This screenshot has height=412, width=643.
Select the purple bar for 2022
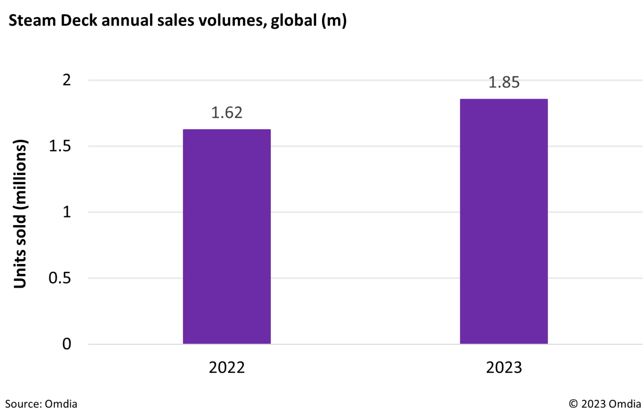[x=226, y=237]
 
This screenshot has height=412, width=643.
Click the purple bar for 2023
[x=504, y=221]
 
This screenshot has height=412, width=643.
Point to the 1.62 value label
[x=226, y=113]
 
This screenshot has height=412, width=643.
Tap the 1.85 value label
[x=504, y=82]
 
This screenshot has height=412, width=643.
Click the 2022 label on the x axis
[x=226, y=368]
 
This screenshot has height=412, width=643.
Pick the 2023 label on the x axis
[x=504, y=368]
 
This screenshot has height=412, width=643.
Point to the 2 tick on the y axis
[x=67, y=80]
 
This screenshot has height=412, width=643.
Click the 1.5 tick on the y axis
[x=60, y=146]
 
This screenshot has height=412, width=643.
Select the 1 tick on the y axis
[x=67, y=212]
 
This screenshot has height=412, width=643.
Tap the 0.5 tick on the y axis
[x=60, y=278]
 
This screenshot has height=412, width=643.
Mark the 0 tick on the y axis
[x=67, y=344]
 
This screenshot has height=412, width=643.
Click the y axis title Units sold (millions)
[x=20, y=214]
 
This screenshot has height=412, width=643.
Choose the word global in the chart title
[x=293, y=20]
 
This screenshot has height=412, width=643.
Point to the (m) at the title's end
[x=334, y=20]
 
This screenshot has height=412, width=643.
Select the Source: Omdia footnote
[x=41, y=404]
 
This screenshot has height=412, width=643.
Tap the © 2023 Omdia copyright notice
[x=604, y=404]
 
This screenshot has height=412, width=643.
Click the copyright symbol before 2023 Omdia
[x=573, y=404]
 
